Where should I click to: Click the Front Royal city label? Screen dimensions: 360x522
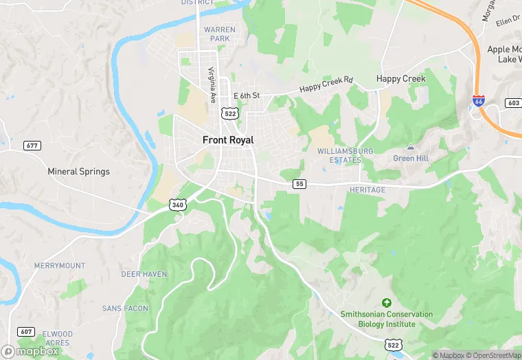[228, 140]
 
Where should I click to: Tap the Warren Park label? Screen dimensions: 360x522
[220, 34]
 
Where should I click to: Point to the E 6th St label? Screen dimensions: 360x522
[247, 95]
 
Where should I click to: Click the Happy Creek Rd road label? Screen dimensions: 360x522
[326, 85]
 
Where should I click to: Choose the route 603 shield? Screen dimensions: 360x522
[512, 102]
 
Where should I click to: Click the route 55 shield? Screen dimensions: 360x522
[299, 184]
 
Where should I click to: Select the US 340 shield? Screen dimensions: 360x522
[177, 205]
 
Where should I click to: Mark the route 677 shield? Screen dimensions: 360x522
[32, 146]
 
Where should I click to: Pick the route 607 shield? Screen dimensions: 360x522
[26, 331]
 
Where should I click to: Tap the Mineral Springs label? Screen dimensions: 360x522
[78, 171]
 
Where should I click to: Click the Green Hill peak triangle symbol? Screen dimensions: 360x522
[411, 147]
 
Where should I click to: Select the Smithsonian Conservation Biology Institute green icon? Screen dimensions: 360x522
[387, 302]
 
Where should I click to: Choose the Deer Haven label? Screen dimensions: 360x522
[144, 274]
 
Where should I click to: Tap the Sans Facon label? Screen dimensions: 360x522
[125, 308]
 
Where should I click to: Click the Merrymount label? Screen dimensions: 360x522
[60, 266]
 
